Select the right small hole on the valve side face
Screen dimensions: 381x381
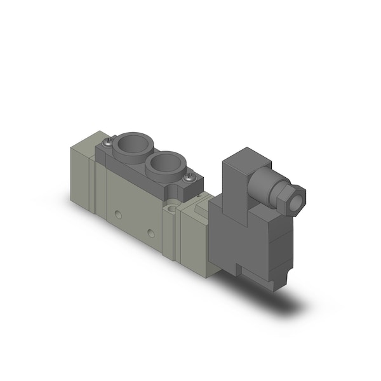point(150,233)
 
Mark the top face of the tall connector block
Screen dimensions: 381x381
point(244,156)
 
